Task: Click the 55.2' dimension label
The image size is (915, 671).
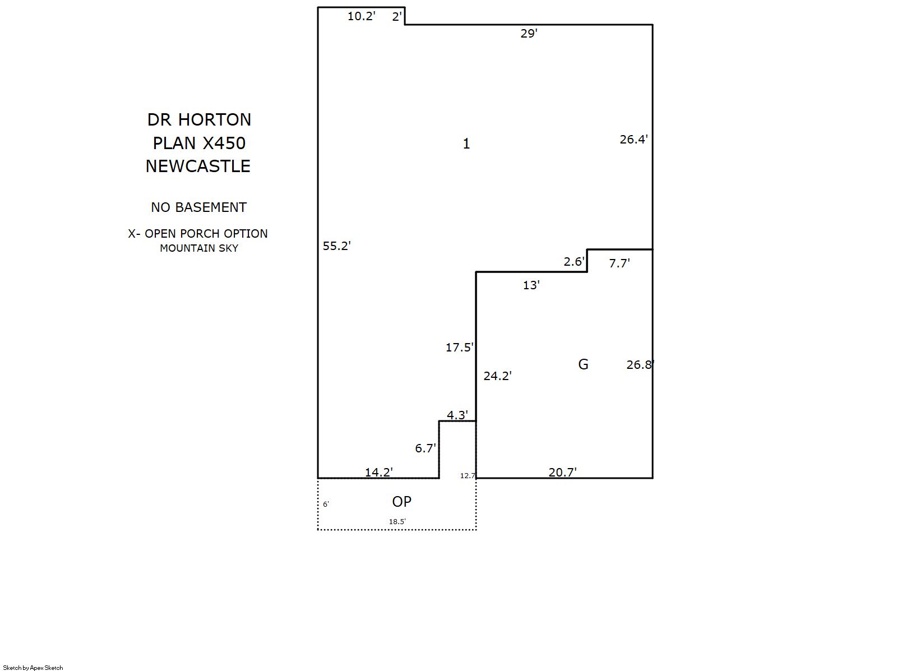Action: coord(336,246)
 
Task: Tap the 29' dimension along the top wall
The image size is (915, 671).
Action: coord(529,34)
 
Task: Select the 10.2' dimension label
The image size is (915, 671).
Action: coord(361,16)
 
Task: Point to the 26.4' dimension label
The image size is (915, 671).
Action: coord(634,139)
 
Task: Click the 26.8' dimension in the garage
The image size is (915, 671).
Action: coord(640,365)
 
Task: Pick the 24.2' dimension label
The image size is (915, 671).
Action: coord(497,376)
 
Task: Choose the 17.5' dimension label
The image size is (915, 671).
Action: coord(460,347)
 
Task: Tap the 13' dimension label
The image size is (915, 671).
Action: coord(532,285)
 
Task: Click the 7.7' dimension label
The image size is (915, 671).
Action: coord(620,263)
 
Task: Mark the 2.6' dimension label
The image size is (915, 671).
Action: coord(574,261)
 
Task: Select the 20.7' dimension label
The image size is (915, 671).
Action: coord(562,472)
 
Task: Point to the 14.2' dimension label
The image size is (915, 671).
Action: coord(378,472)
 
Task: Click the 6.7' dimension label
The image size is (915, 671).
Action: coord(426,448)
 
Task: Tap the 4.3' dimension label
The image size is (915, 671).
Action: coord(457,415)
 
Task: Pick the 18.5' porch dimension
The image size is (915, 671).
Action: coord(397,521)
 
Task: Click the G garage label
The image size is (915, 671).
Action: coord(583,364)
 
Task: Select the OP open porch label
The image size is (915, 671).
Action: coord(401,502)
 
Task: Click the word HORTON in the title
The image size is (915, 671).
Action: coord(214,119)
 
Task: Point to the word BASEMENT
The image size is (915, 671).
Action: coord(211,207)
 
